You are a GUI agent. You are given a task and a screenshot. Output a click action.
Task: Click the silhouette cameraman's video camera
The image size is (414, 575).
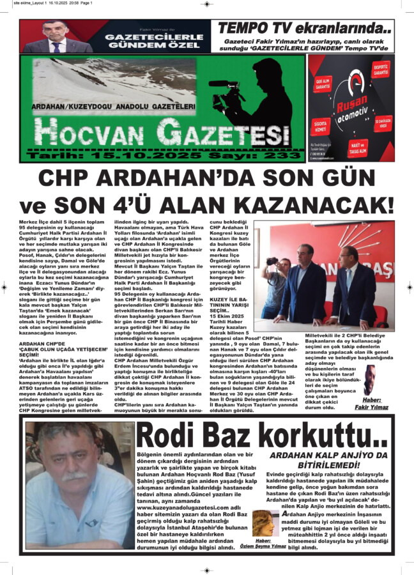pyautogui.click(x=225, y=84)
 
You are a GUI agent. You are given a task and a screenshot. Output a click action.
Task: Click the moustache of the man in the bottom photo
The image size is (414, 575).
pyautogui.click(x=74, y=475)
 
